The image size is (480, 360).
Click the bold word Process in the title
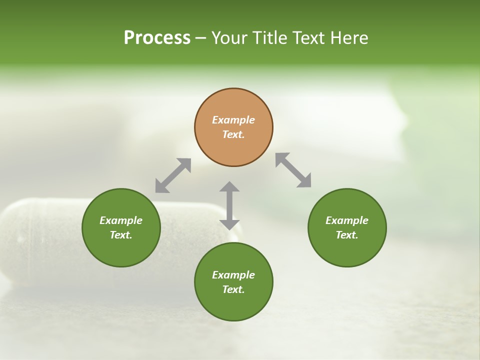coord(157,38)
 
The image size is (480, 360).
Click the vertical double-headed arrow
coord(229,205)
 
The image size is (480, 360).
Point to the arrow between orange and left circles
coord(173,175)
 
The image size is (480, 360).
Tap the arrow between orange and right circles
coord(293,170)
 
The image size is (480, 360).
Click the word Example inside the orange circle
coord(233,120)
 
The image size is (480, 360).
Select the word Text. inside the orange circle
coord(233,134)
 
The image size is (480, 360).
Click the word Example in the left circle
coord(121,220)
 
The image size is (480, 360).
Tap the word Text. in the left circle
coord(121,235)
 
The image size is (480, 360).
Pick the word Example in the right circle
coord(347,220)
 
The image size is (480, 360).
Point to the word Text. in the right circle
coord(347,235)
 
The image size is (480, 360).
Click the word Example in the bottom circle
coord(233,275)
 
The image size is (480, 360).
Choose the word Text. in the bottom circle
coord(233,289)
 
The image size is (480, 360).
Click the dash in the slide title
coord(200,38)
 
